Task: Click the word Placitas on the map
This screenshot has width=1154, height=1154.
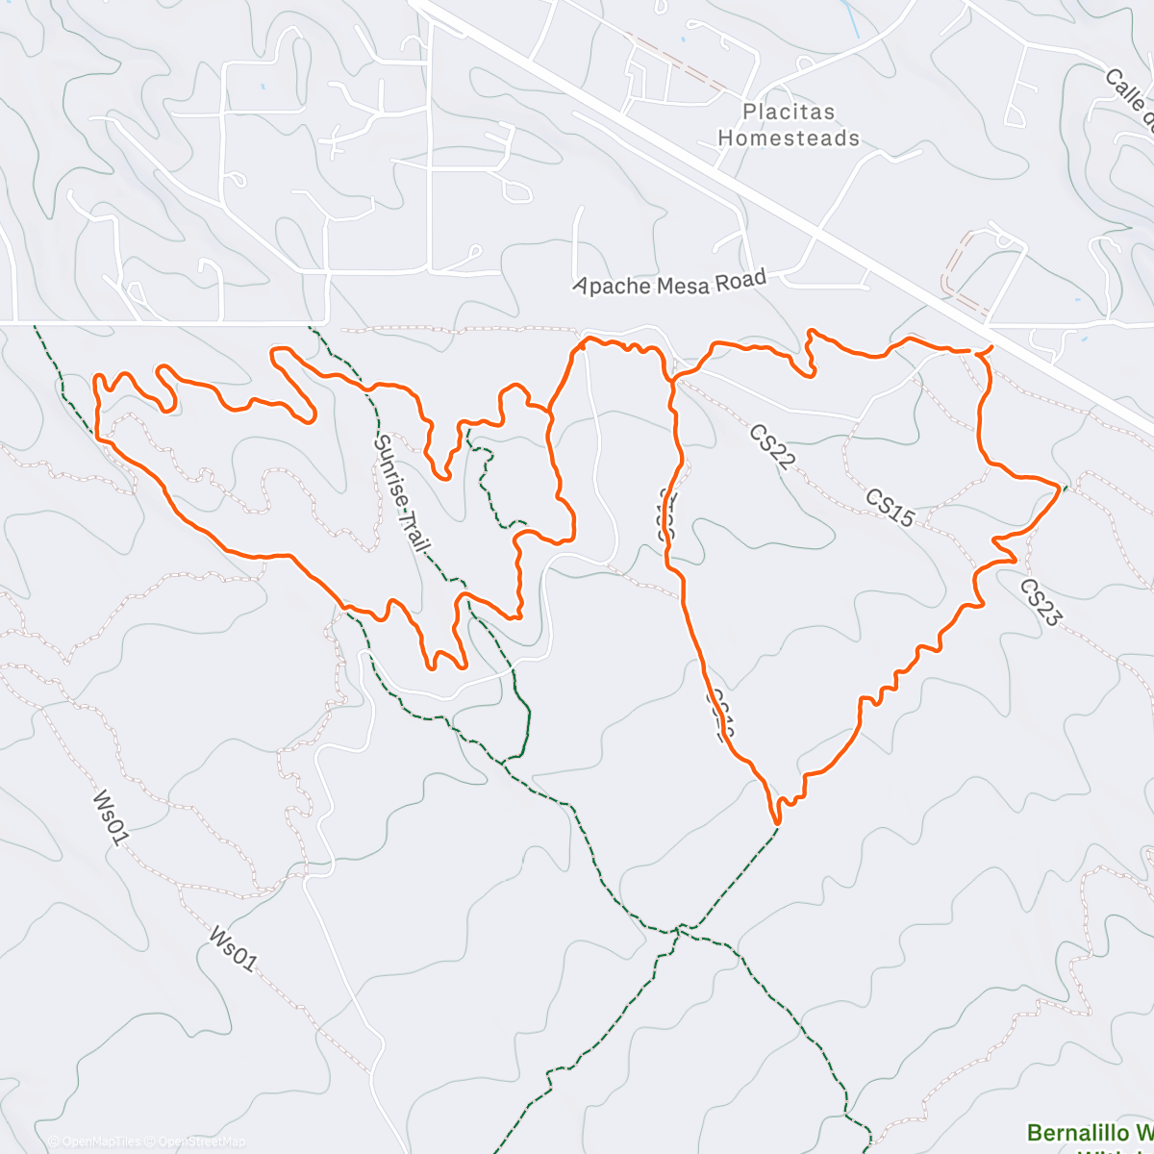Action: (x=789, y=113)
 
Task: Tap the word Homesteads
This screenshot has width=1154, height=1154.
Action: (x=789, y=138)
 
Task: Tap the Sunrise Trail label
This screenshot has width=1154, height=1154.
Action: (x=401, y=492)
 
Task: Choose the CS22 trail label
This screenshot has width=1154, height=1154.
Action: (x=772, y=447)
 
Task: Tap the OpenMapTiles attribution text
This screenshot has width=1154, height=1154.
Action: (x=93, y=1141)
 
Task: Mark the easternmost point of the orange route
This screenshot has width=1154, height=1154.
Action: (x=1062, y=487)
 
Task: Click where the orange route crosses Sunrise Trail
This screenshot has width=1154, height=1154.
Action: (x=369, y=389)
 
